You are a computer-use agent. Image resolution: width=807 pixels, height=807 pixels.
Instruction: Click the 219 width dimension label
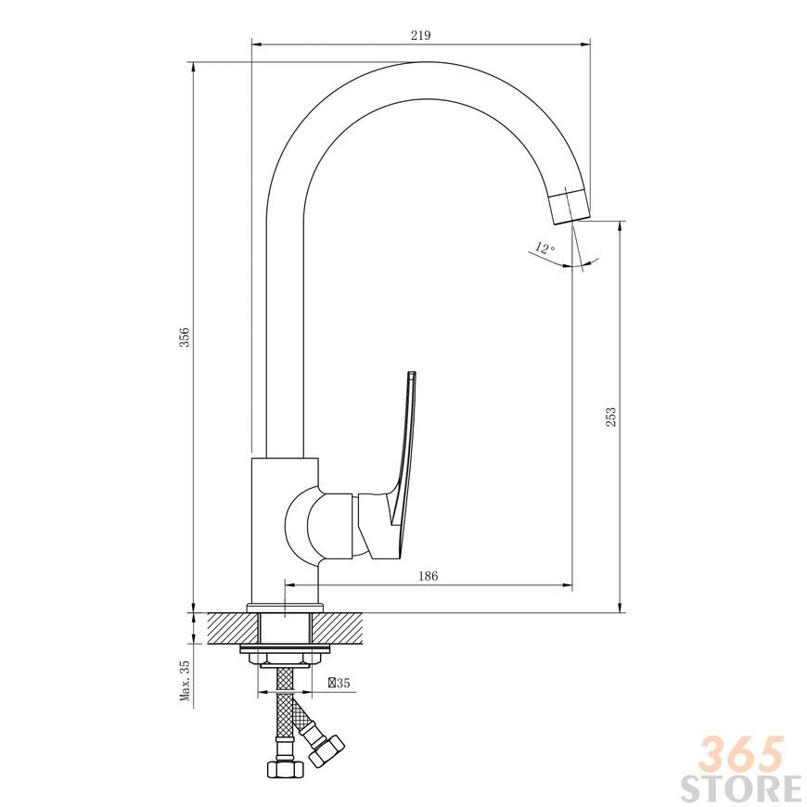tap(420, 35)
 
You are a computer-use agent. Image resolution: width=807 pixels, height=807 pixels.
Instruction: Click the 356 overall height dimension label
tap(185, 337)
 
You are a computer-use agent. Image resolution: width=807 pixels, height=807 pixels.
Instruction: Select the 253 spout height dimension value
tap(610, 416)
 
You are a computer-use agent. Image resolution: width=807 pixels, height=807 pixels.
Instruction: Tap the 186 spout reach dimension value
tap(428, 576)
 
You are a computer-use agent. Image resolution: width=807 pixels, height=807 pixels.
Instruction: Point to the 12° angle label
tap(545, 248)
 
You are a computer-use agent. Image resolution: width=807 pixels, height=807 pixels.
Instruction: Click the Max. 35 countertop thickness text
tap(185, 681)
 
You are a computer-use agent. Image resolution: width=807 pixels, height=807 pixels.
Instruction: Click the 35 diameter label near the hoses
tap(339, 683)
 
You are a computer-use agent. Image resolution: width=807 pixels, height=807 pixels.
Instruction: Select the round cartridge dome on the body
tap(303, 522)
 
